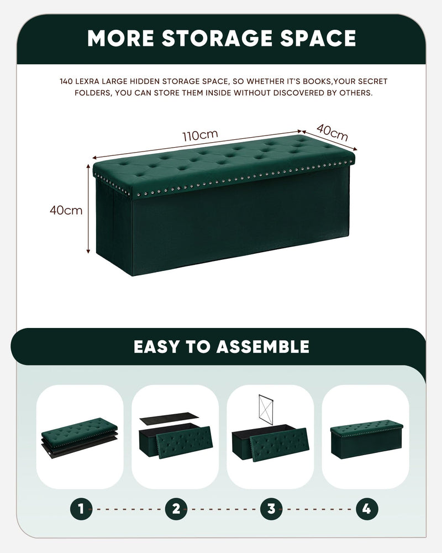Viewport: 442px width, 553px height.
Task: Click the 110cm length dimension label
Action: pyautogui.click(x=200, y=135)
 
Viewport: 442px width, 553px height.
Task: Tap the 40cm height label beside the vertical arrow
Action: pyautogui.click(x=66, y=210)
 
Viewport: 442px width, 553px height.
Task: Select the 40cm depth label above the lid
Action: pyautogui.click(x=332, y=132)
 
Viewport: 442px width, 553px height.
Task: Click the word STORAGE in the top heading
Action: pyautogui.click(x=217, y=38)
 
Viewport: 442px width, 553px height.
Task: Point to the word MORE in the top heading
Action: pyautogui.click(x=120, y=38)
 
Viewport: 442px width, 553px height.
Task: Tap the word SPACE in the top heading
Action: pyautogui.click(x=318, y=38)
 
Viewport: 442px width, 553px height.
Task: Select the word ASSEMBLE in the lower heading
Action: pyautogui.click(x=263, y=347)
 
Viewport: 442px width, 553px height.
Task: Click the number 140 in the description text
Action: pyautogui.click(x=66, y=81)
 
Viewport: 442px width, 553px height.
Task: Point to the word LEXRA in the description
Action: pyautogui.click(x=87, y=81)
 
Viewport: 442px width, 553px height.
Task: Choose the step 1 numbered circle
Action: pyautogui.click(x=81, y=509)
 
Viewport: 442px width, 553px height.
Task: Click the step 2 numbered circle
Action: pyautogui.click(x=176, y=509)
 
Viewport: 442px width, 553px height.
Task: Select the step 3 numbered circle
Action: pyautogui.click(x=271, y=509)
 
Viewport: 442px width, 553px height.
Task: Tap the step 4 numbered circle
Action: pyautogui.click(x=366, y=509)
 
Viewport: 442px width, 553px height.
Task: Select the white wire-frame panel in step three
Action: pyautogui.click(x=266, y=408)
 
